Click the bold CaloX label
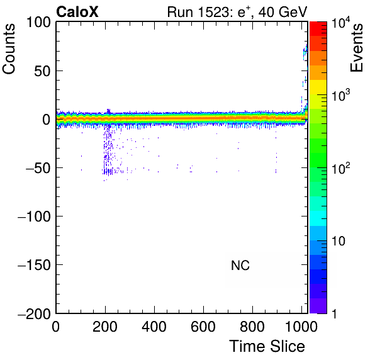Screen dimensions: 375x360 (x=77, y=12)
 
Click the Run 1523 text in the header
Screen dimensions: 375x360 (x=201, y=12)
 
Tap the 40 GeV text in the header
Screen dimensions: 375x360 (x=283, y=12)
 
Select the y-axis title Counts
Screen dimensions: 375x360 (x=9, y=49)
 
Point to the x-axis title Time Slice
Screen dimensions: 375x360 (x=267, y=346)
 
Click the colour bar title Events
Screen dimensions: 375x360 (x=356, y=48)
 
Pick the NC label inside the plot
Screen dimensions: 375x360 (x=240, y=265)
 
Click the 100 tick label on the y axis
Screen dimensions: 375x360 (x=38, y=22)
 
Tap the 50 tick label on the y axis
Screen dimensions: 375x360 (x=43, y=70)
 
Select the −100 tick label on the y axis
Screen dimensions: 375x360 (x=34, y=217)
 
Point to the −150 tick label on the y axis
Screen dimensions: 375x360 (x=34, y=265)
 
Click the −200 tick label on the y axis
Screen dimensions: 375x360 (x=34, y=313)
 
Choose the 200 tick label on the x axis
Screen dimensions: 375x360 (x=105, y=326)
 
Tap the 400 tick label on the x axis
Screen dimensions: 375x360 (x=154, y=326)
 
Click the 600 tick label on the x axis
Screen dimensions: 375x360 (x=203, y=326)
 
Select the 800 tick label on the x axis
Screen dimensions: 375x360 (x=252, y=326)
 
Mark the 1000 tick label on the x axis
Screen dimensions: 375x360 (x=301, y=326)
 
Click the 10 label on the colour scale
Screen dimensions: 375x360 (x=339, y=241)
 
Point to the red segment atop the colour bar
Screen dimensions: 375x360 (x=318, y=29)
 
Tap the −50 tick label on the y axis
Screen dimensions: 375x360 (x=38, y=167)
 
